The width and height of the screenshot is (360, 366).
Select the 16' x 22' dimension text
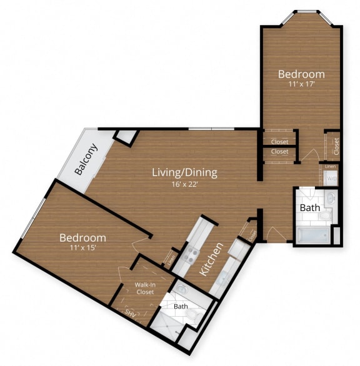pos(183,184)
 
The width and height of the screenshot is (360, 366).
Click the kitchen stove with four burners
pos(191,255)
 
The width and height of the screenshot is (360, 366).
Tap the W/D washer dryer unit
pos(331,179)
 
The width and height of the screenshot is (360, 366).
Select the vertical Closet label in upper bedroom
pos(336,146)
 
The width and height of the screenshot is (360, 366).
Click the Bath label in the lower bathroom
pos(181,307)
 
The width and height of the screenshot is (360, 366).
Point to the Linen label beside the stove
pos(170,257)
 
